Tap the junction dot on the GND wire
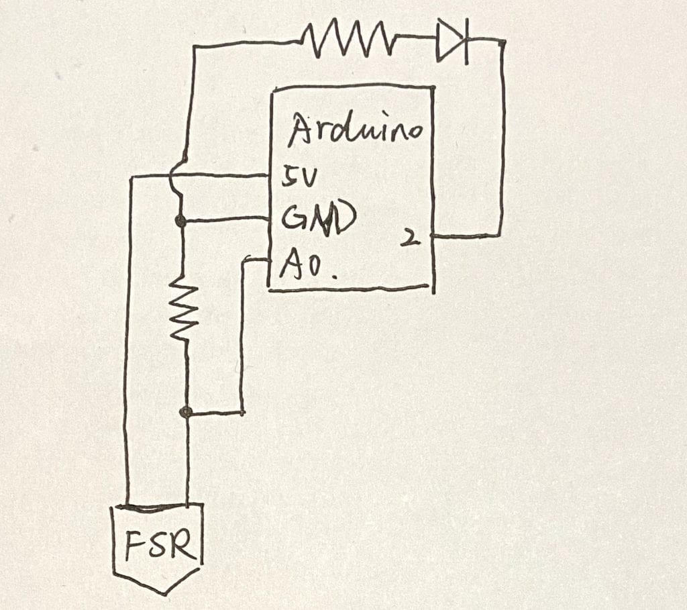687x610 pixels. pyautogui.click(x=180, y=221)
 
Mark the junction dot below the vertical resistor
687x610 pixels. pyautogui.click(x=187, y=412)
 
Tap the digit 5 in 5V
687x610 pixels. pyautogui.click(x=289, y=177)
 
